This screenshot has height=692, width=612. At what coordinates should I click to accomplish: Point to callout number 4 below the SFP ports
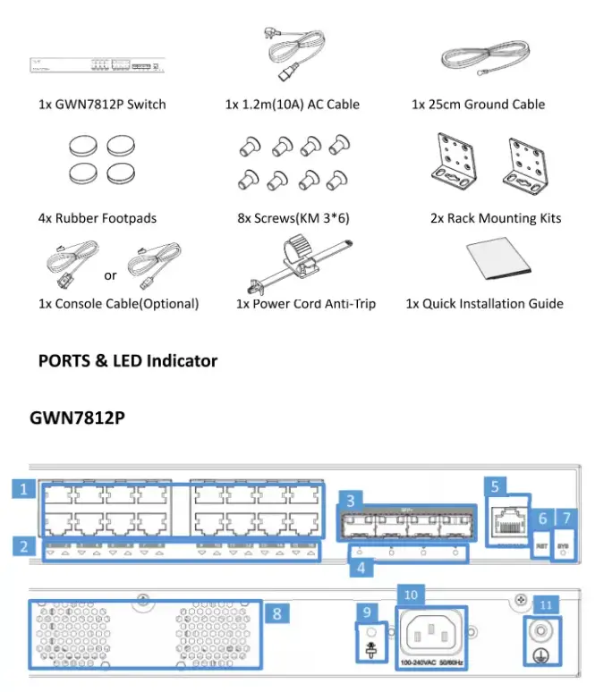pyautogui.click(x=360, y=566)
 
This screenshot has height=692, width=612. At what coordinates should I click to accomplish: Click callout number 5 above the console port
pyautogui.click(x=495, y=485)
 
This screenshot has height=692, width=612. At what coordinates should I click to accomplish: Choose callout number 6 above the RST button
pyautogui.click(x=541, y=519)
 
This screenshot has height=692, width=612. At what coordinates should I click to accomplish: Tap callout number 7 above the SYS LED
pyautogui.click(x=564, y=519)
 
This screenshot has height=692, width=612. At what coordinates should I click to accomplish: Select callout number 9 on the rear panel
pyautogui.click(x=367, y=613)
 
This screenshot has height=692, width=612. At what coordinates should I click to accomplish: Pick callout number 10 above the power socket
pyautogui.click(x=411, y=594)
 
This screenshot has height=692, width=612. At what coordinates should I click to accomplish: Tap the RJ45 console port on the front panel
pyautogui.click(x=507, y=520)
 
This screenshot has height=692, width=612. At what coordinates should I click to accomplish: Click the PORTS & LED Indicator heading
pyautogui.click(x=128, y=361)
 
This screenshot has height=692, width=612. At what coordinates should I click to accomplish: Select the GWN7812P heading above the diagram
pyautogui.click(x=77, y=418)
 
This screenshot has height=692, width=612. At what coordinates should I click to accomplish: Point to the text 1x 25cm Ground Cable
pyautogui.click(x=478, y=105)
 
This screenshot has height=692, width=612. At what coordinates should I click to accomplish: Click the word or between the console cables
pyautogui.click(x=110, y=275)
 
